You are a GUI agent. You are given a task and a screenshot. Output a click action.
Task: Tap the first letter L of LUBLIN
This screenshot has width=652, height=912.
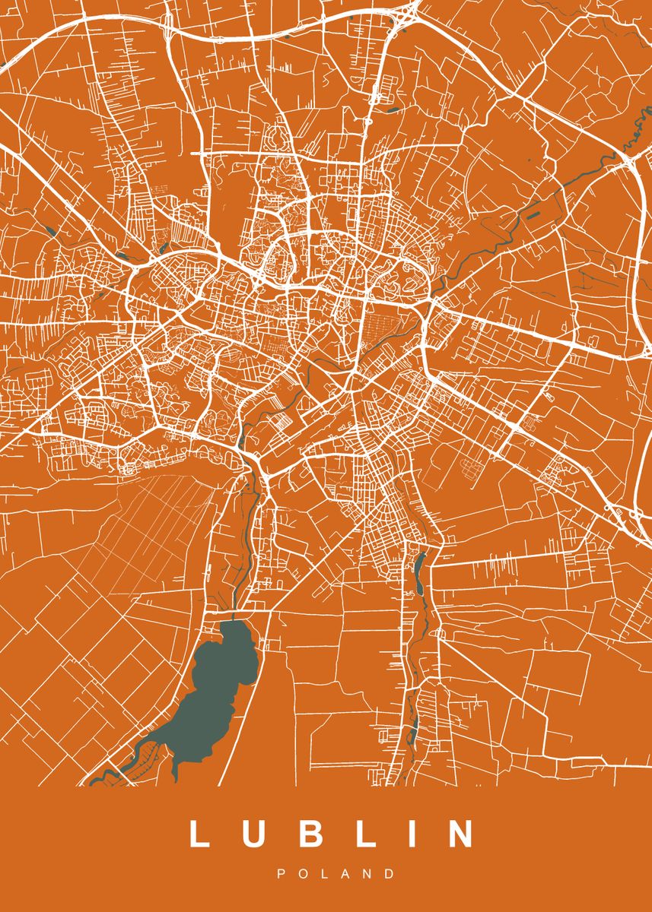point(199,834)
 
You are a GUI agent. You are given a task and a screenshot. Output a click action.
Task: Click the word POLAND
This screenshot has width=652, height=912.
point(336,874)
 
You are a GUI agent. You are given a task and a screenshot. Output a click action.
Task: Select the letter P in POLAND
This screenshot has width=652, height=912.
point(281,874)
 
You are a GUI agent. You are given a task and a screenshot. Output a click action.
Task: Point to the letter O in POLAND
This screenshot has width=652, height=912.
point(304,874)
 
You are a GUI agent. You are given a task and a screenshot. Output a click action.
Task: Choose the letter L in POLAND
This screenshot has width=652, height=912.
point(326,874)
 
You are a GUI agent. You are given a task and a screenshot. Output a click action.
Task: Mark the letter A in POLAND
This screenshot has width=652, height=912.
point(346,874)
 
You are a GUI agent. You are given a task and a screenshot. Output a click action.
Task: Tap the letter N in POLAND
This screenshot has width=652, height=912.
point(368,874)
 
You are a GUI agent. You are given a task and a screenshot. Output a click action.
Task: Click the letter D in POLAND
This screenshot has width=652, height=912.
point(391,874)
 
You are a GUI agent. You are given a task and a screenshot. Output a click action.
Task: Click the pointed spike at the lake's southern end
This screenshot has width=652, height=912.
point(177,775)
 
